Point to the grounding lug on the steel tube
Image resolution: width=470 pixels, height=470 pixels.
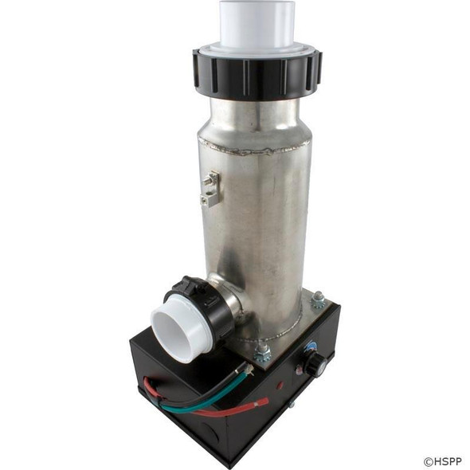210,190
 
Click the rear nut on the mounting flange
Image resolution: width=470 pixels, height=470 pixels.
318,300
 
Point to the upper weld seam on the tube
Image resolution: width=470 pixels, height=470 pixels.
253,147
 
